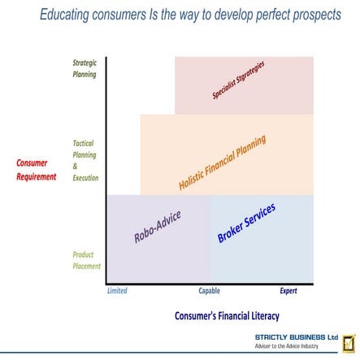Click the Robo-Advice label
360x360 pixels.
157,227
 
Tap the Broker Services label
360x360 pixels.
246,223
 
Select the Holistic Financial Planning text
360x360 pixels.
222,163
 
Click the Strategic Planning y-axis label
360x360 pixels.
85,68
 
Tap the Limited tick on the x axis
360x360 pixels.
117,290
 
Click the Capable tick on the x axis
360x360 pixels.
210,290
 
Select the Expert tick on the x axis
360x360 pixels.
288,290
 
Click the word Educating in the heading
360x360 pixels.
69,16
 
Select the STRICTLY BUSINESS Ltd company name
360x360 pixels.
296,336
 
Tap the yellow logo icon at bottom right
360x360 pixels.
349,341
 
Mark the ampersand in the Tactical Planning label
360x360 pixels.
76,166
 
